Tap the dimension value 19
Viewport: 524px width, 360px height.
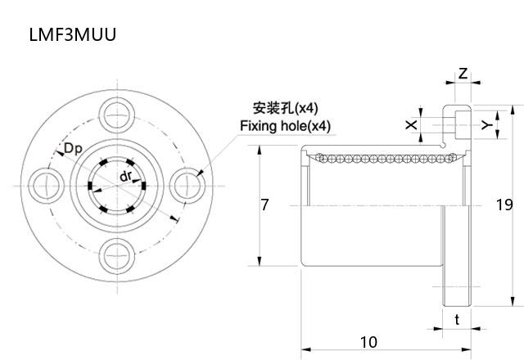click(504, 205)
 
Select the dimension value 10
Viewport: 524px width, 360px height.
click(368, 341)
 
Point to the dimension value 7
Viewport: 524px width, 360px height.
click(264, 205)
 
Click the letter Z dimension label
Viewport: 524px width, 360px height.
click(463, 74)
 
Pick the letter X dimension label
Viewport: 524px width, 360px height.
click(411, 125)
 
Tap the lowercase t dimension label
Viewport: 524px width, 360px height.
click(457, 320)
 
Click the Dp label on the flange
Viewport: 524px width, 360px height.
click(72, 148)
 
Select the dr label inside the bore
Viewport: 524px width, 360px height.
click(124, 176)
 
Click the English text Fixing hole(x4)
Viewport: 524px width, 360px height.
click(285, 126)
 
